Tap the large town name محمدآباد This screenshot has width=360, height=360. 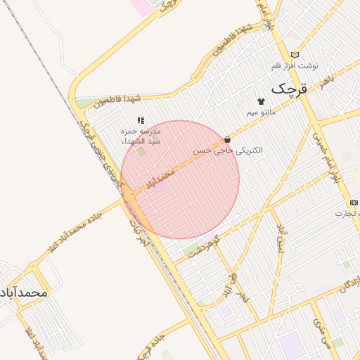coord(22,291)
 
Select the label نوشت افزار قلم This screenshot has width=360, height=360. coord(295,66)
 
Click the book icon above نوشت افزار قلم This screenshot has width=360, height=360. coord(295,55)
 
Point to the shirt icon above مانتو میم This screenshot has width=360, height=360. coord(261,101)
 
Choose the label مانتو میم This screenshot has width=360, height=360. coord(261,112)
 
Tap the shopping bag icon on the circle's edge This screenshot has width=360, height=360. coord(226,139)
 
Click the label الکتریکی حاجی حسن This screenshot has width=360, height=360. coord(228,150)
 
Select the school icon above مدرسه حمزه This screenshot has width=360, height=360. coord(141,121)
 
